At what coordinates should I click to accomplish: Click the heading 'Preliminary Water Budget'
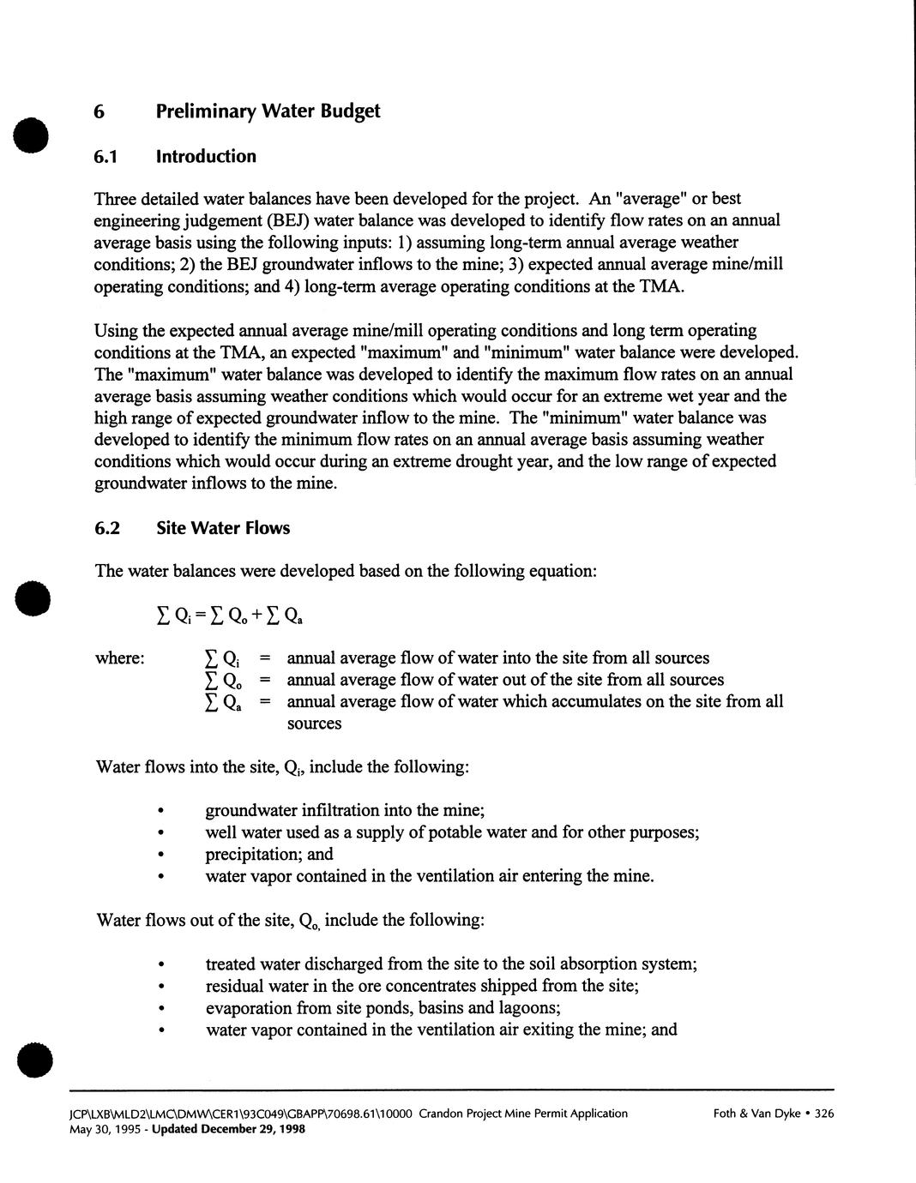(268, 111)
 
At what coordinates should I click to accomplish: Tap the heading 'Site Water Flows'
(223, 528)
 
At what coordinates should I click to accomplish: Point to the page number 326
(823, 1114)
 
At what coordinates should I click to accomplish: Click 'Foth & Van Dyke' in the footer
(757, 1114)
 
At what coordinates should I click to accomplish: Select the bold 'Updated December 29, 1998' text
(228, 1129)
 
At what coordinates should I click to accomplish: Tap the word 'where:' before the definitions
(119, 658)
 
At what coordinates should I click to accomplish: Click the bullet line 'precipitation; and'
(268, 854)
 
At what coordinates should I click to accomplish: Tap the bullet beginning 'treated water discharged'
(450, 964)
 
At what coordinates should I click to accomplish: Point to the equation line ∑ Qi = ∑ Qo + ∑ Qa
(228, 616)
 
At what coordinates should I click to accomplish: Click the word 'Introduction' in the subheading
(206, 157)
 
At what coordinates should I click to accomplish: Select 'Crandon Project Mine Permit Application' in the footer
(523, 1114)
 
